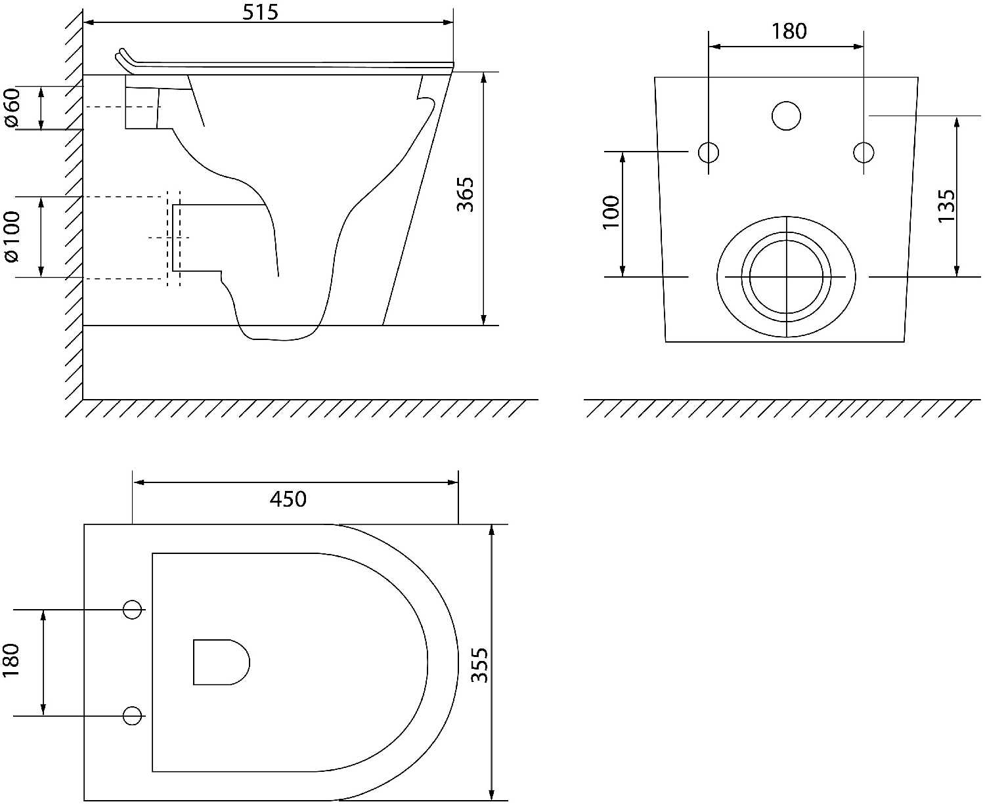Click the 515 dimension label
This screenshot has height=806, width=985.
pyautogui.click(x=260, y=12)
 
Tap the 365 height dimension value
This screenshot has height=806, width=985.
pyautogui.click(x=465, y=194)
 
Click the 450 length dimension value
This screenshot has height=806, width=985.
pyautogui.click(x=288, y=499)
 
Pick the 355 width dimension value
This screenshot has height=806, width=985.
pyautogui.click(x=479, y=665)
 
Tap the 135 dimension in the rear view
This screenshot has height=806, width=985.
pyautogui.click(x=947, y=206)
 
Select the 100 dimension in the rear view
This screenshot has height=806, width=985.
pyautogui.click(x=611, y=213)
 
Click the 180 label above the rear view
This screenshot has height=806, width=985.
pyautogui.click(x=789, y=32)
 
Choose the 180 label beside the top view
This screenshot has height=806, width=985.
pyautogui.click(x=11, y=660)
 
